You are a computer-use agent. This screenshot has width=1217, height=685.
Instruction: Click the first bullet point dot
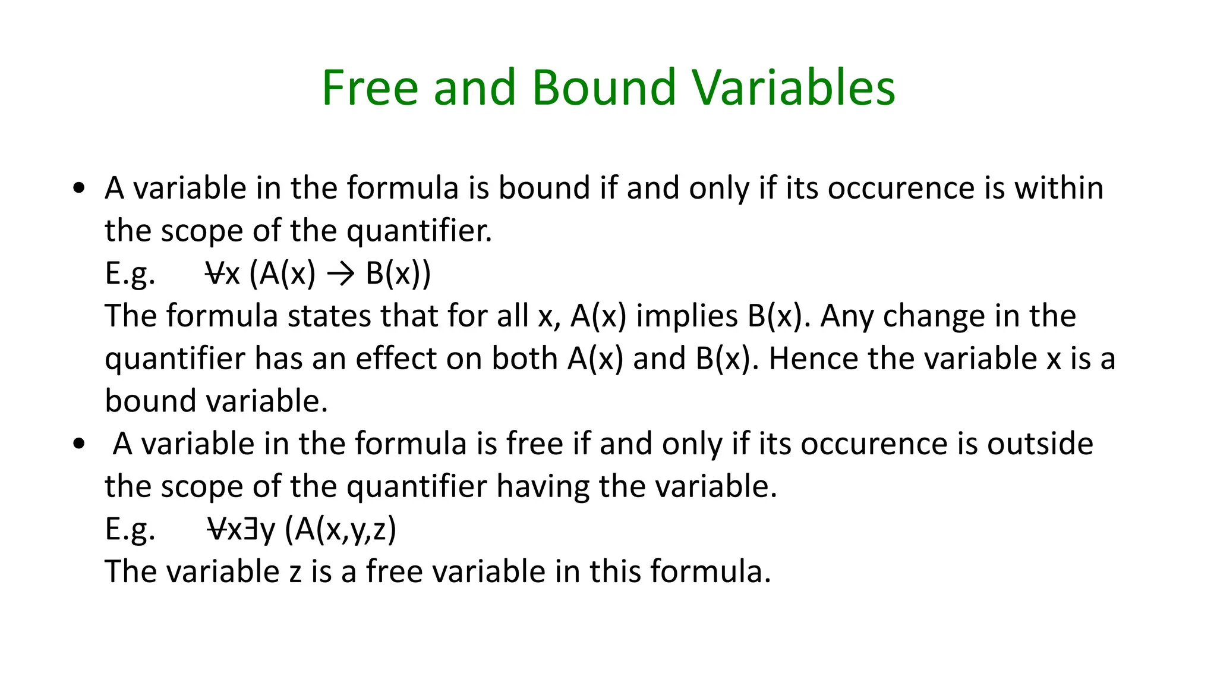[79, 189]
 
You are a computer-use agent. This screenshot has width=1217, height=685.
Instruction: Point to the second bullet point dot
[79, 445]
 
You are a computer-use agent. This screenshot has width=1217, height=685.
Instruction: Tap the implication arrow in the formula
[340, 274]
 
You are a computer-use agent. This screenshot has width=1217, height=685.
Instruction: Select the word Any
[846, 316]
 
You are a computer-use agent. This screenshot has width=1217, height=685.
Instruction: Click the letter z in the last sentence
[295, 573]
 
